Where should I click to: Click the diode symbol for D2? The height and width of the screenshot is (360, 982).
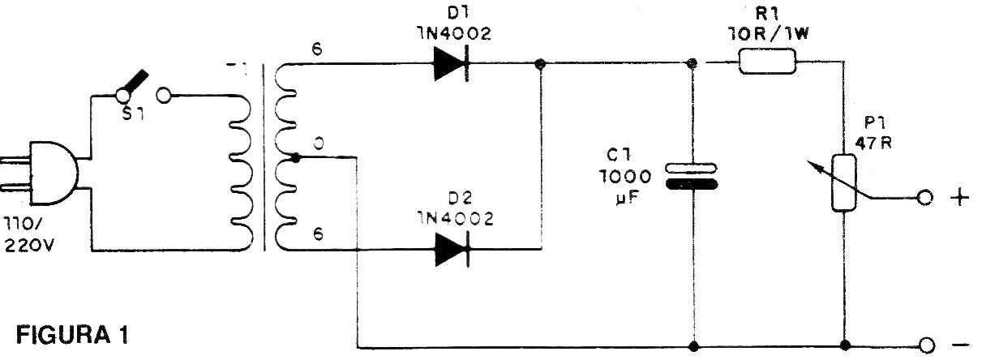pyautogui.click(x=451, y=249)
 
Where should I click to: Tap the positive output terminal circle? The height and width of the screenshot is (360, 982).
pyautogui.click(x=924, y=198)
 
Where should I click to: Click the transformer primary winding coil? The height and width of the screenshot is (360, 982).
pyautogui.click(x=242, y=171)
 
